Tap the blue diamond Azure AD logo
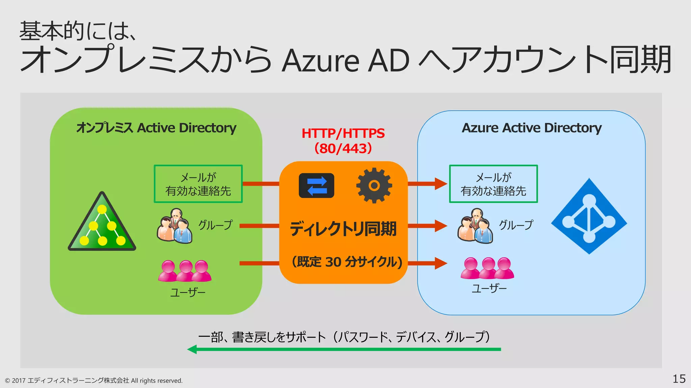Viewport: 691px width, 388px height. click(589, 216)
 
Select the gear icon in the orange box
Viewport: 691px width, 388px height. click(374, 185)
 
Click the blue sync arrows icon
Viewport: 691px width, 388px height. click(316, 186)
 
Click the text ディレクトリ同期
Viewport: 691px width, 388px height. click(343, 229)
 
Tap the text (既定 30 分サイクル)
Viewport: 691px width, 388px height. click(347, 262)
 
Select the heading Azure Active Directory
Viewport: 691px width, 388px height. click(531, 128)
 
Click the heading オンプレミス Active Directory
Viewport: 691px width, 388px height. click(156, 128)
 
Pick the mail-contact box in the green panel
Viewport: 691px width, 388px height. click(198, 184)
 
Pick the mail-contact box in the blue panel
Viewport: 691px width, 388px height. click(493, 184)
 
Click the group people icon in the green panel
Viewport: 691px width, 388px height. click(174, 226)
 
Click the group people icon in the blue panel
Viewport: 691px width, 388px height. click(475, 226)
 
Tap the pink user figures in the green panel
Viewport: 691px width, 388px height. click(185, 271)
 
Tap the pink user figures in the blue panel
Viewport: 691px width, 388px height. click(487, 268)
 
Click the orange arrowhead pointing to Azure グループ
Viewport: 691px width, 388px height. click(441, 226)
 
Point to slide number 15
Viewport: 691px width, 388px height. click(679, 379)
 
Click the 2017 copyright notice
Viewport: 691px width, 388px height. click(94, 381)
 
